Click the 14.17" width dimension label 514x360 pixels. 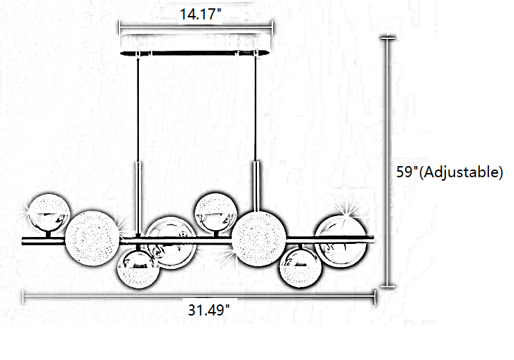pyautogui.click(x=201, y=14)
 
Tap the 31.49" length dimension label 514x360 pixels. pyautogui.click(x=209, y=310)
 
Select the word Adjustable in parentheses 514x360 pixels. pyautogui.click(x=461, y=172)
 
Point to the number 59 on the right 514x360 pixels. pyautogui.click(x=404, y=172)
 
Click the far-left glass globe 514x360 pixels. pyautogui.click(x=49, y=214)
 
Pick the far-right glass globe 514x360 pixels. pyautogui.click(x=340, y=242)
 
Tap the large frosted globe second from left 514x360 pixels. pyautogui.click(x=92, y=238)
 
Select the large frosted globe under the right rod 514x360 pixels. pyautogui.click(x=258, y=238)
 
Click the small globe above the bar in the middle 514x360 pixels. pyautogui.click(x=216, y=213)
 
